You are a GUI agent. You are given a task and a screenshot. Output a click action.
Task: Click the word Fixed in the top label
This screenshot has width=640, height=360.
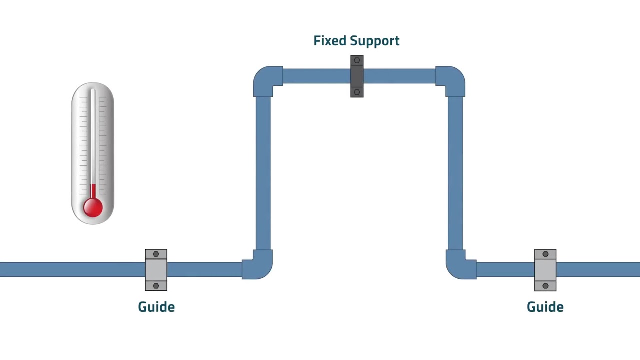click(x=329, y=41)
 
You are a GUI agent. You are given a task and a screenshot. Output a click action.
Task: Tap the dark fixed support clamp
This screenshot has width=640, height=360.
click(x=357, y=76)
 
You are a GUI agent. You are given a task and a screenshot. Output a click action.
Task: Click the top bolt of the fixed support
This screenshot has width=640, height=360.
click(x=357, y=60)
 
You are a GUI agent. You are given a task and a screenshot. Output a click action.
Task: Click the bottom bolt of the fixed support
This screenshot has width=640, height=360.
click(x=357, y=92)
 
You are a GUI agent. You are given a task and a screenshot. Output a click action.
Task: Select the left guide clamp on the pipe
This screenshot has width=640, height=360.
click(x=156, y=270)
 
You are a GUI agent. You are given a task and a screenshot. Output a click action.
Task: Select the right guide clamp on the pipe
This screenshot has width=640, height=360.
click(x=545, y=270)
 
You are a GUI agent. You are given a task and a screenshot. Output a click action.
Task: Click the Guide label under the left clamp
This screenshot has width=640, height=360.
click(x=156, y=307)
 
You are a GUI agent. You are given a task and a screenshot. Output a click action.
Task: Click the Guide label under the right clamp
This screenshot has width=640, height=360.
click(x=545, y=307)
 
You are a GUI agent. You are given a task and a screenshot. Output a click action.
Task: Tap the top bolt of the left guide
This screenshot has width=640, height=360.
click(x=156, y=254)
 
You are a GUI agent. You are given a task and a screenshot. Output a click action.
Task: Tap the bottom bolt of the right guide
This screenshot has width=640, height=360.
click(x=545, y=286)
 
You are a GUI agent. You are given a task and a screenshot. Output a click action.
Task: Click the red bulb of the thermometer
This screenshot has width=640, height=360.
click(x=93, y=207)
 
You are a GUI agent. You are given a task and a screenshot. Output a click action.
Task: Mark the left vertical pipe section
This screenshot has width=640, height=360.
click(x=263, y=172)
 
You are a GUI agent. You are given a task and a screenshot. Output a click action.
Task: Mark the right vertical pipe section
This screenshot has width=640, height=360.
click(x=455, y=172)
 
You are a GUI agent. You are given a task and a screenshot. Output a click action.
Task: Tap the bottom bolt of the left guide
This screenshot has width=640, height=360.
click(x=156, y=286)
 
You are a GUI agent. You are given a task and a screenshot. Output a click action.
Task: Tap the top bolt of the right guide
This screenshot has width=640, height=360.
click(x=545, y=254)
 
